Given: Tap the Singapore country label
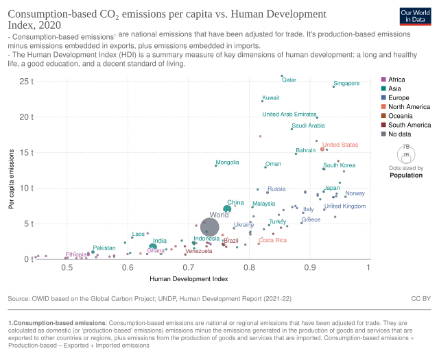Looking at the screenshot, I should click(346, 84).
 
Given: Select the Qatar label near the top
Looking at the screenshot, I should click(289, 80).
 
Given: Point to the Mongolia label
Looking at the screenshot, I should click(227, 163).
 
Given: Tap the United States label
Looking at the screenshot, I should click(340, 145).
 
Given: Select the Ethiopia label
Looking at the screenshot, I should click(76, 254).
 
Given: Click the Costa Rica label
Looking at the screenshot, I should click(272, 240).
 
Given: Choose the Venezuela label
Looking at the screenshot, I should click(199, 251).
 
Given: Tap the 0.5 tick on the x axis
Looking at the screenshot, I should click(67, 266).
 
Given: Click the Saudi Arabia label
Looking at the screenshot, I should click(308, 125).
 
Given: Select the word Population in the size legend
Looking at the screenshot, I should click(405, 175).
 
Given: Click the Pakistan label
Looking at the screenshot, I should click(104, 247).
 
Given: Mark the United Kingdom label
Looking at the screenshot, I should click(345, 206).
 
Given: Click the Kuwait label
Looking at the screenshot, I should click(271, 98).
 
